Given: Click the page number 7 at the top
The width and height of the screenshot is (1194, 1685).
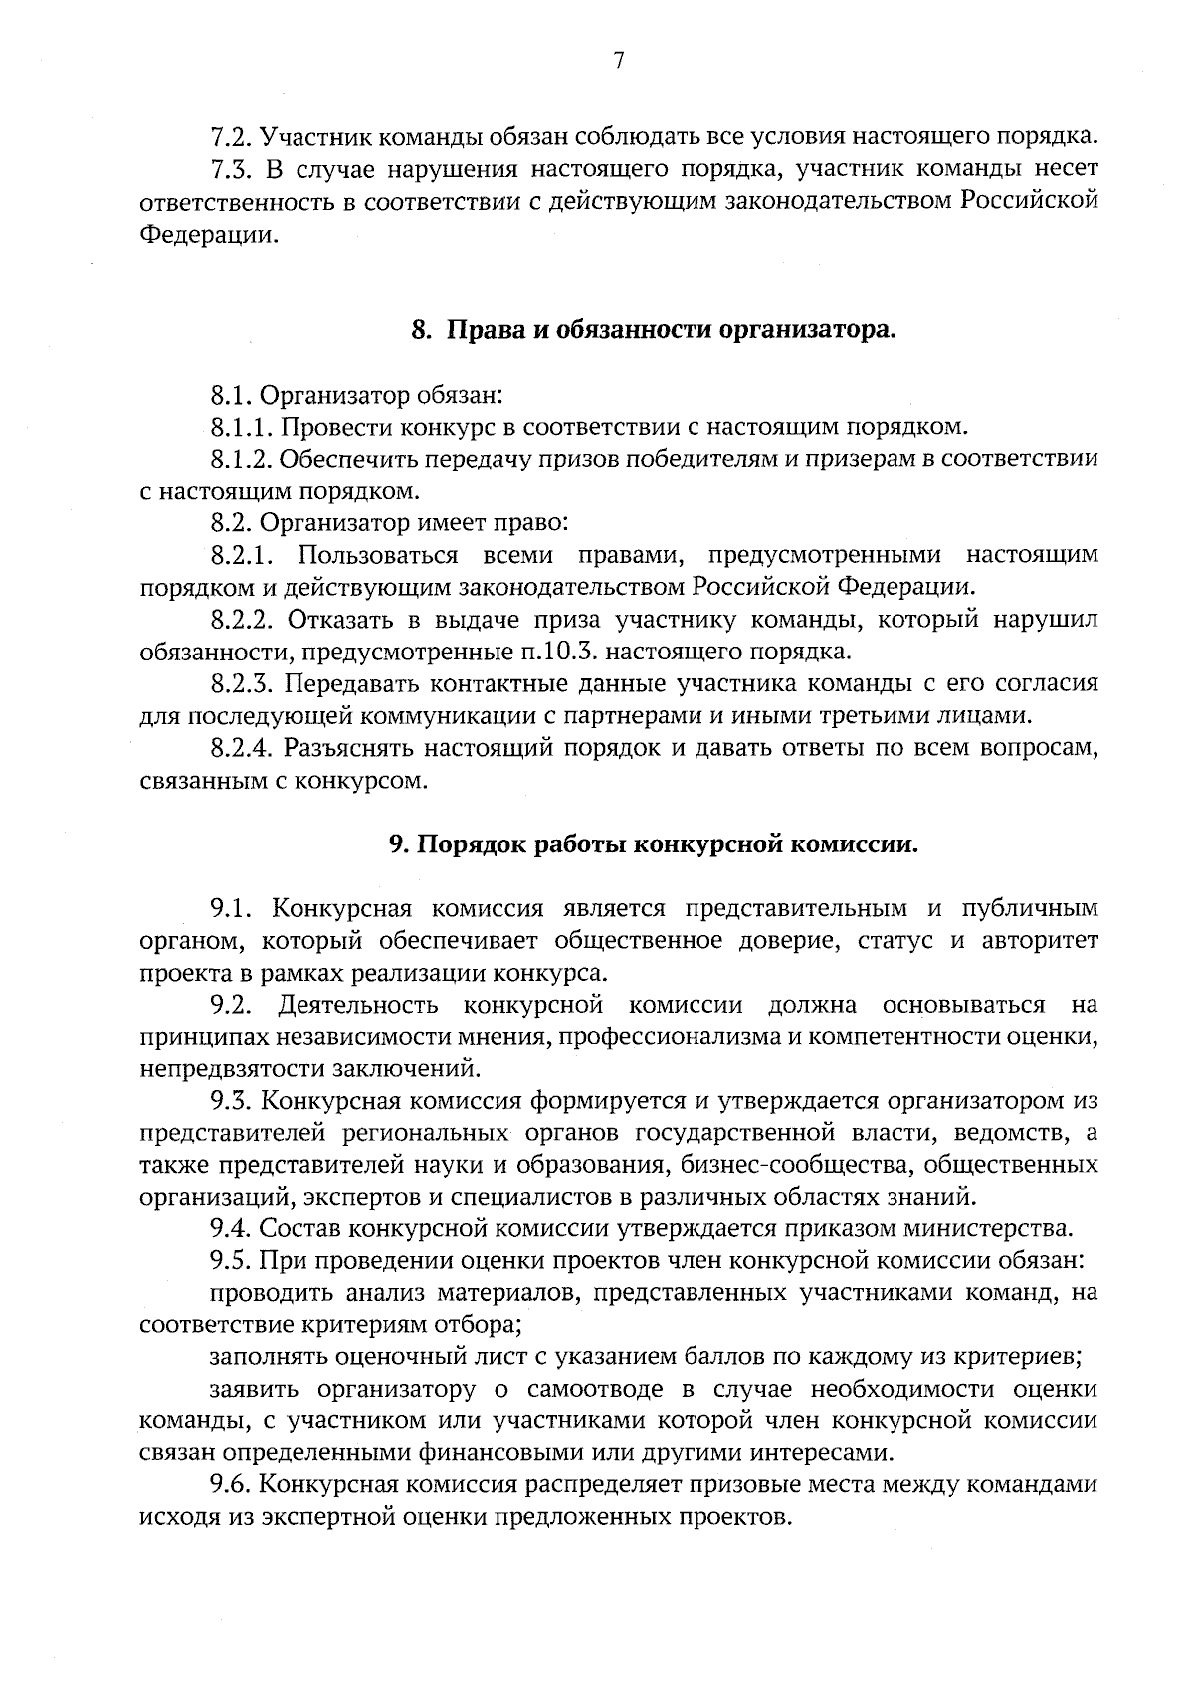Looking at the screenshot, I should tap(618, 61).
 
